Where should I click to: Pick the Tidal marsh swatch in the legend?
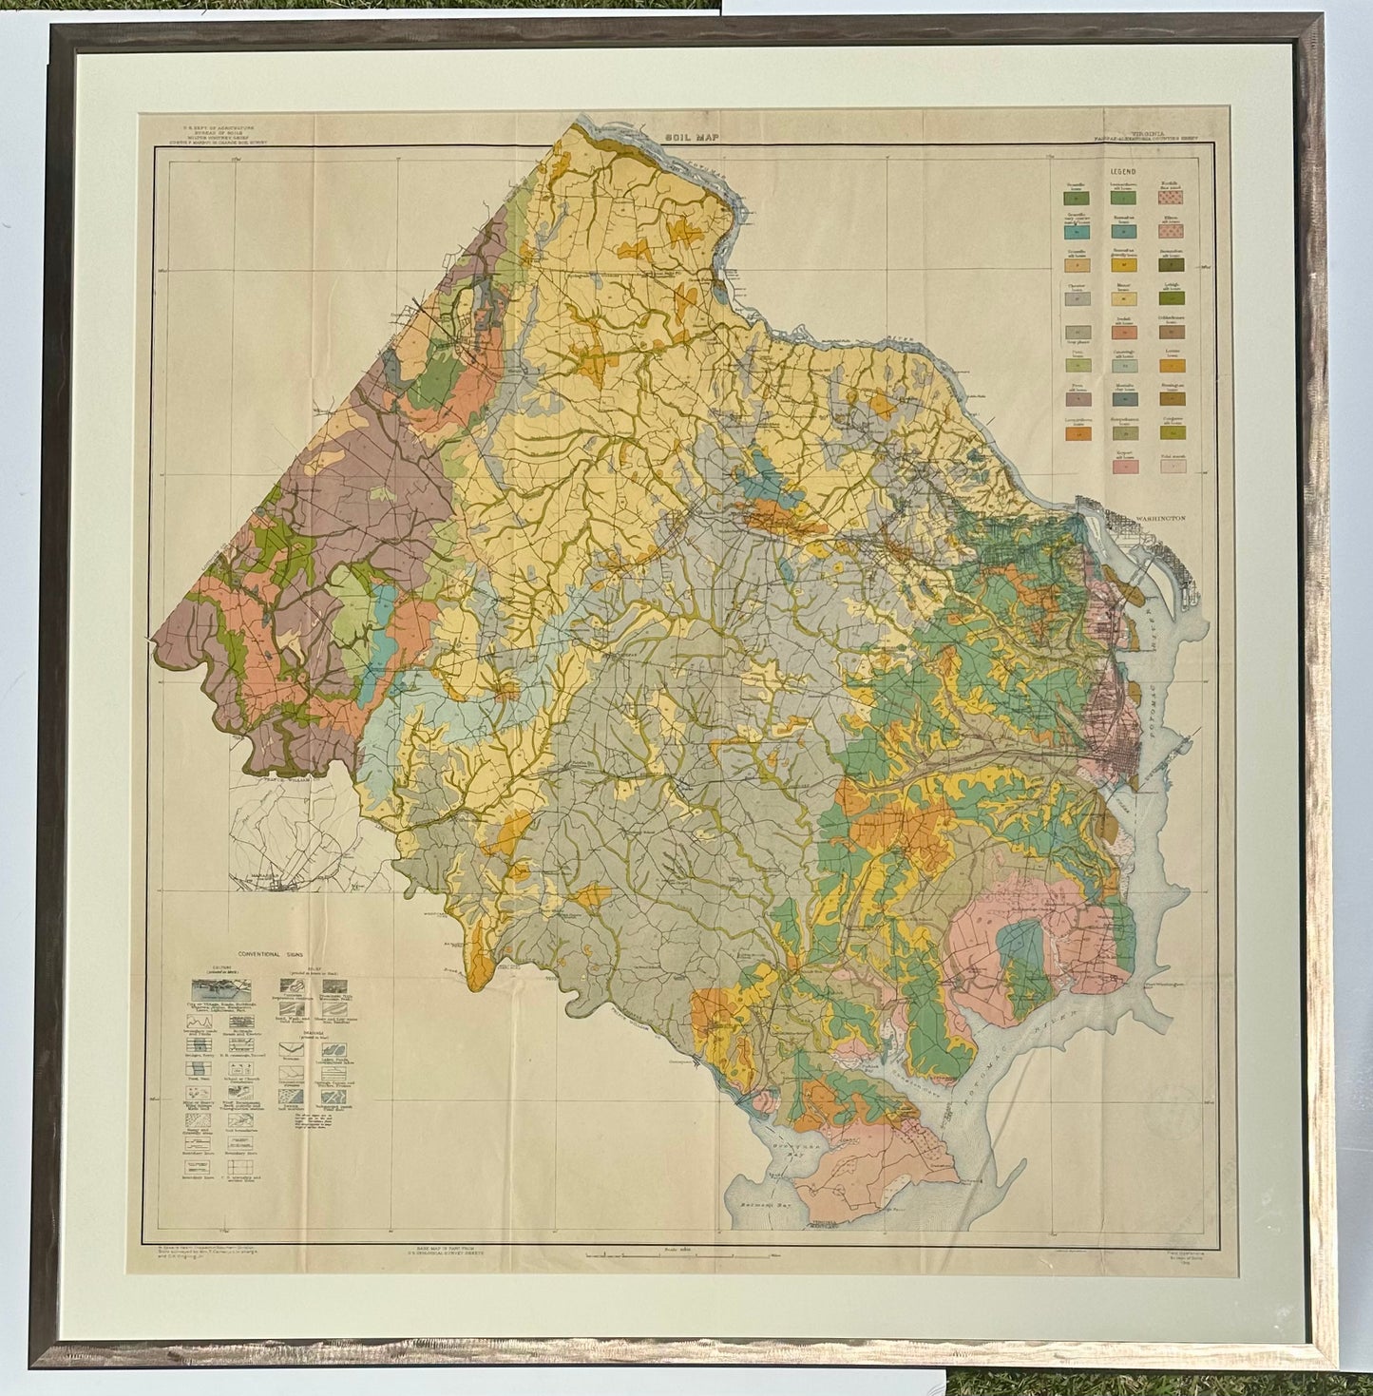pyautogui.click(x=1172, y=466)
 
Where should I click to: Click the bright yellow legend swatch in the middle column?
pyautogui.click(x=1122, y=267)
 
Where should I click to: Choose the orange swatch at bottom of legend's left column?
pyautogui.click(x=1074, y=433)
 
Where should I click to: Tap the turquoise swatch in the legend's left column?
pyautogui.click(x=1074, y=232)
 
